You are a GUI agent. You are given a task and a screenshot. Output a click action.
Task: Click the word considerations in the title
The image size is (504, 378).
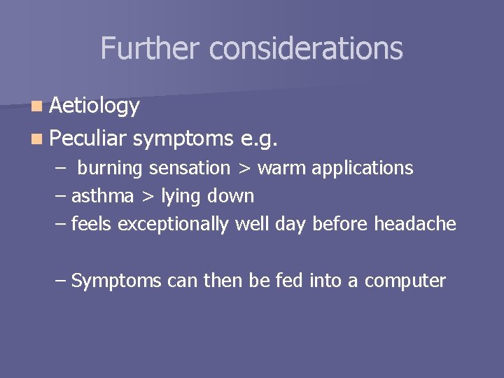[x=306, y=48]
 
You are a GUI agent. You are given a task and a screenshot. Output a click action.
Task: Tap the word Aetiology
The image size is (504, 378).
[x=95, y=106]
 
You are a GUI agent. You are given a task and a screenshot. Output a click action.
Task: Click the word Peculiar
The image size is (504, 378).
[x=88, y=139]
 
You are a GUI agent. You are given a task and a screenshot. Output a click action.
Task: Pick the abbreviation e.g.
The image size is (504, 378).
[x=258, y=139]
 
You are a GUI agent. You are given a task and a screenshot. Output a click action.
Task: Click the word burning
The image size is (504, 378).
[x=110, y=169]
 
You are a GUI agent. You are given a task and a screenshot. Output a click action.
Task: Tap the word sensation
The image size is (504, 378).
[x=188, y=169]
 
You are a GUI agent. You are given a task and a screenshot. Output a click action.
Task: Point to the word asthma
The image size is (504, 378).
[x=102, y=197]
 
